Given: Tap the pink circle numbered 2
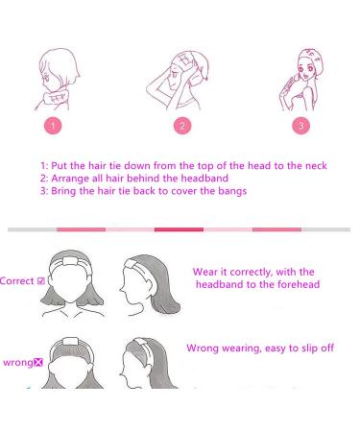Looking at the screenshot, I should pyautogui.click(x=180, y=125).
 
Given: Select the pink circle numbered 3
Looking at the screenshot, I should pyautogui.click(x=300, y=125).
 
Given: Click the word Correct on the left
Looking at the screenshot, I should pyautogui.click(x=16, y=281).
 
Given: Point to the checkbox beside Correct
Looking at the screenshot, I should pyautogui.click(x=40, y=281).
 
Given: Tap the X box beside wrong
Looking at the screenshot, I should pyautogui.click(x=38, y=364).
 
